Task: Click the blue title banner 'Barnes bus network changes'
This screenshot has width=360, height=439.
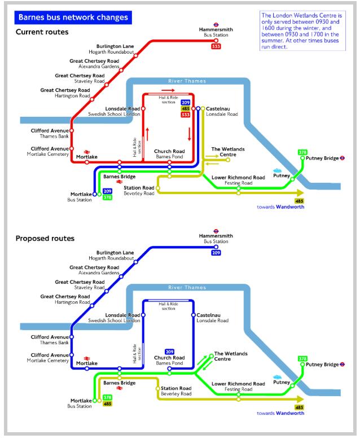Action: click(73, 17)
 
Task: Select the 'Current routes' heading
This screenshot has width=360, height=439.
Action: click(42, 32)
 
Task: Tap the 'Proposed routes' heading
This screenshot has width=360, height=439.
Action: click(45, 238)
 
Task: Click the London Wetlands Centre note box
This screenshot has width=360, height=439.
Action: click(302, 31)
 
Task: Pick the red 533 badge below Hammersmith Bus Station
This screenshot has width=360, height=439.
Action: click(216, 46)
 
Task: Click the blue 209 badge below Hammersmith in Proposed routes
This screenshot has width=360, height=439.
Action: click(216, 253)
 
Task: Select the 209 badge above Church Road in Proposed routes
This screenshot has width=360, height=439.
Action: click(169, 352)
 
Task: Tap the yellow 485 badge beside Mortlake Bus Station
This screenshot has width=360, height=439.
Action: click(108, 403)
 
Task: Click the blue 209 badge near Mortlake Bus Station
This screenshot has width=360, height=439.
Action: click(108, 191)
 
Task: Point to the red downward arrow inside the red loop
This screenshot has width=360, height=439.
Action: click(190, 134)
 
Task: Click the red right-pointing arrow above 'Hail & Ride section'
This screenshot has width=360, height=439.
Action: click(168, 90)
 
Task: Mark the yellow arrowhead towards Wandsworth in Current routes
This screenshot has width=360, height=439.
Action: click(300, 193)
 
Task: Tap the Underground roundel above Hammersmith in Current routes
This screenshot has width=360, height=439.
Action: click(216, 25)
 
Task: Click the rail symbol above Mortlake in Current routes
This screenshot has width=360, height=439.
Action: click(87, 152)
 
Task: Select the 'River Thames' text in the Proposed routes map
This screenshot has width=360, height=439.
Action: click(187, 288)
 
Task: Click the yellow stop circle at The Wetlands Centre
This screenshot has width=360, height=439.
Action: click(228, 160)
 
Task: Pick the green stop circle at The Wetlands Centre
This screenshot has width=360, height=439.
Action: click(212, 356)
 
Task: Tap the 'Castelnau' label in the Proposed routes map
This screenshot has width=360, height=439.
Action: click(208, 315)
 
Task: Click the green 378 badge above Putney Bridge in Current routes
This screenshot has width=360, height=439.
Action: click(302, 152)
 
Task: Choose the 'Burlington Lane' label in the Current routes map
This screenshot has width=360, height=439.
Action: click(115, 46)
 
